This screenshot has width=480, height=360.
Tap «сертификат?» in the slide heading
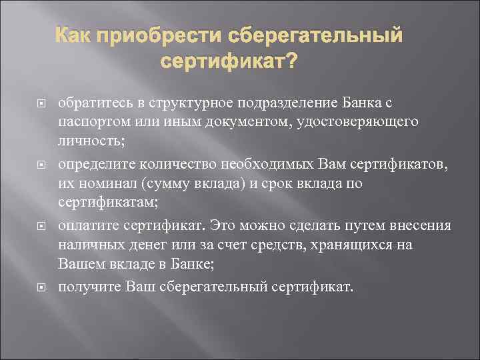pos(229,63)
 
